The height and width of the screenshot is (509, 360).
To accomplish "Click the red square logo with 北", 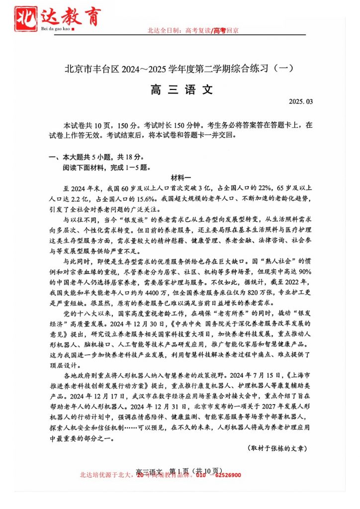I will click(x=26, y=17).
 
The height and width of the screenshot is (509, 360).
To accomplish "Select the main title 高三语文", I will click(x=180, y=89).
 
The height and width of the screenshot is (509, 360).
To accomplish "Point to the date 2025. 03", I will click(x=301, y=102).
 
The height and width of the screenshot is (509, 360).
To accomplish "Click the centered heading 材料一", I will click(x=180, y=177).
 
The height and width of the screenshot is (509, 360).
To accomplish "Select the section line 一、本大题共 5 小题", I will click(x=95, y=157).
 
